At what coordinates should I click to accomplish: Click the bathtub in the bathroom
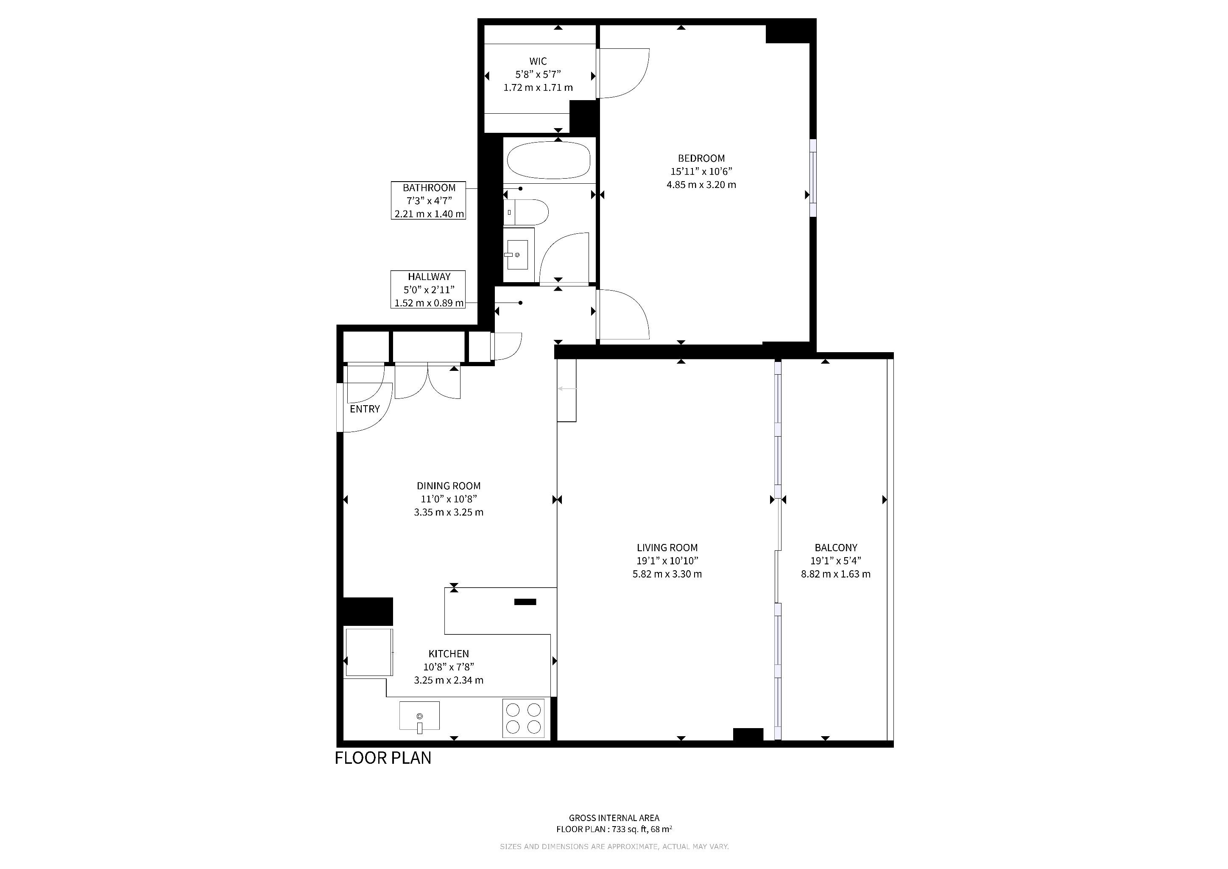(548, 160)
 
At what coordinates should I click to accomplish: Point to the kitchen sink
(419, 716)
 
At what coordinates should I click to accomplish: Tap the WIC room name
(538, 62)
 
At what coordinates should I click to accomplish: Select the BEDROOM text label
(701, 158)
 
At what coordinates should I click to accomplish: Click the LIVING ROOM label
(667, 547)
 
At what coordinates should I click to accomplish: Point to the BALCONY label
(836, 547)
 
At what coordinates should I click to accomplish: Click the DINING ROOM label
(449, 486)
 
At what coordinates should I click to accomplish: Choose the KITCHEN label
(449, 653)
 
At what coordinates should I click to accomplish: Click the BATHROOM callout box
(428, 201)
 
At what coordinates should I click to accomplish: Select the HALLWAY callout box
(428, 289)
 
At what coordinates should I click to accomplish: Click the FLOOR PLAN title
(383, 758)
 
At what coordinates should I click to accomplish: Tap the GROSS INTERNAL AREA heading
(614, 818)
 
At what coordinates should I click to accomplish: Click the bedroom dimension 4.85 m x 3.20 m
(701, 185)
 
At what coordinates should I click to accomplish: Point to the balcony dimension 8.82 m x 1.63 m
(836, 574)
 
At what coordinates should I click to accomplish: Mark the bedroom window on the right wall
(813, 178)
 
